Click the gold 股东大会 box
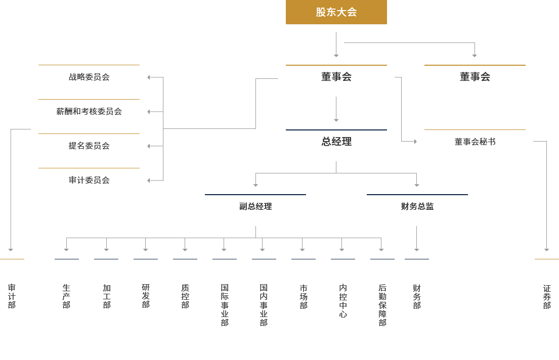336,12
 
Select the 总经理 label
336,142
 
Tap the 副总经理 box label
255,206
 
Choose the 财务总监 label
417,206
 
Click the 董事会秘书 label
475,142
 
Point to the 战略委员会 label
89,77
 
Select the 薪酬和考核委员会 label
89,111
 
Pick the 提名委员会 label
89,146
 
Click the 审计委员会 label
89,180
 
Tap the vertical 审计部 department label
12,296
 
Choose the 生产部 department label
66,296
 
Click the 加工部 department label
107,296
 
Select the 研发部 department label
146,296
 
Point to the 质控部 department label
185,296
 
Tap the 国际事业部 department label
225,305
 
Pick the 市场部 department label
304,296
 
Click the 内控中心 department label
343,301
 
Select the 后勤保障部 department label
382,305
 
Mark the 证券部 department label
547,296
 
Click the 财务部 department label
417,296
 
